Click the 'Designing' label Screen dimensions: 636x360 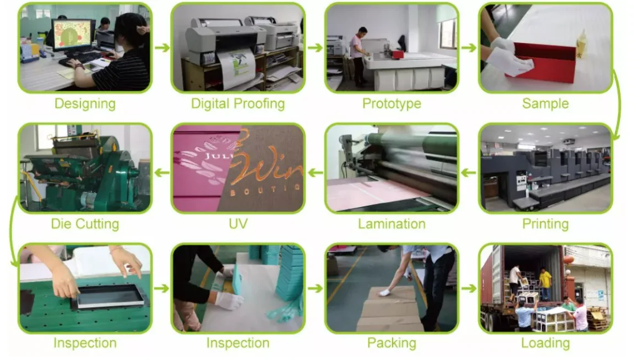pos(85,103)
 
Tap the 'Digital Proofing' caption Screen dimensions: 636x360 pos(238,103)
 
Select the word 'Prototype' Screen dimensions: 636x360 pos(392,103)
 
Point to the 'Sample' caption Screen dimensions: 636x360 pos(545,103)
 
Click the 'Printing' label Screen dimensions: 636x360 pos(545,224)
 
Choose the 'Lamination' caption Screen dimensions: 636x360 pos(392,224)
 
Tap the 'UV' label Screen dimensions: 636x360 pos(238,224)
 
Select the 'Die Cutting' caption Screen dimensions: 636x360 pos(85,224)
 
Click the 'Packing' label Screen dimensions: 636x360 pos(392,343)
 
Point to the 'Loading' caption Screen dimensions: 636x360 pos(545,343)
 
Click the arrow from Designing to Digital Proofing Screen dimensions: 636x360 pos(162,48)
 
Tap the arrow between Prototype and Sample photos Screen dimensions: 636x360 pos(469,48)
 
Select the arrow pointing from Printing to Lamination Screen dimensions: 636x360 pos(469,173)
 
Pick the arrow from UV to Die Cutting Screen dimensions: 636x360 pos(162,173)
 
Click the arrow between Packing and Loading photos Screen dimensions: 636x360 pos(469,288)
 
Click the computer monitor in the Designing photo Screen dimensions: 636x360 pos(72,35)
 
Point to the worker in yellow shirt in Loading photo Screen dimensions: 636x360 pos(545,280)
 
